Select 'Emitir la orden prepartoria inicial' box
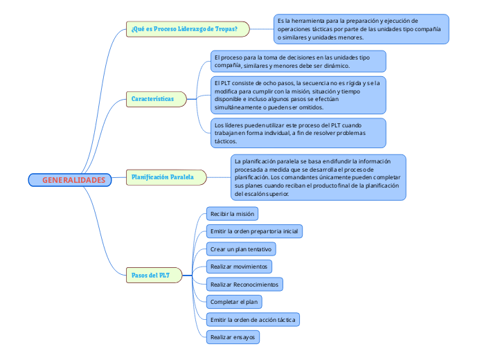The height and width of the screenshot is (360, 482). [254, 231]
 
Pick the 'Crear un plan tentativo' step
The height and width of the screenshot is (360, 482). [241, 249]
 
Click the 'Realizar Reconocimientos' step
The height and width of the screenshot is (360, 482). [244, 285]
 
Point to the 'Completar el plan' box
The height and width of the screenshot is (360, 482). [234, 302]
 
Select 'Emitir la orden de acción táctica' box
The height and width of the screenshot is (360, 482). [253, 320]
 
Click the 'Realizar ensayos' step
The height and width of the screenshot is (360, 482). [233, 337]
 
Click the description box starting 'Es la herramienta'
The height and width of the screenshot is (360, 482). [360, 29]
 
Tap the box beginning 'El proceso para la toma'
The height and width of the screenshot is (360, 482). [298, 61]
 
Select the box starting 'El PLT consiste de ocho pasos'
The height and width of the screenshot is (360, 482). [298, 95]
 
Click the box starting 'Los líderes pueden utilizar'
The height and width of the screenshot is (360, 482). [298, 132]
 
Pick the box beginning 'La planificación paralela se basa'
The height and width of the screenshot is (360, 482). [317, 177]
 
